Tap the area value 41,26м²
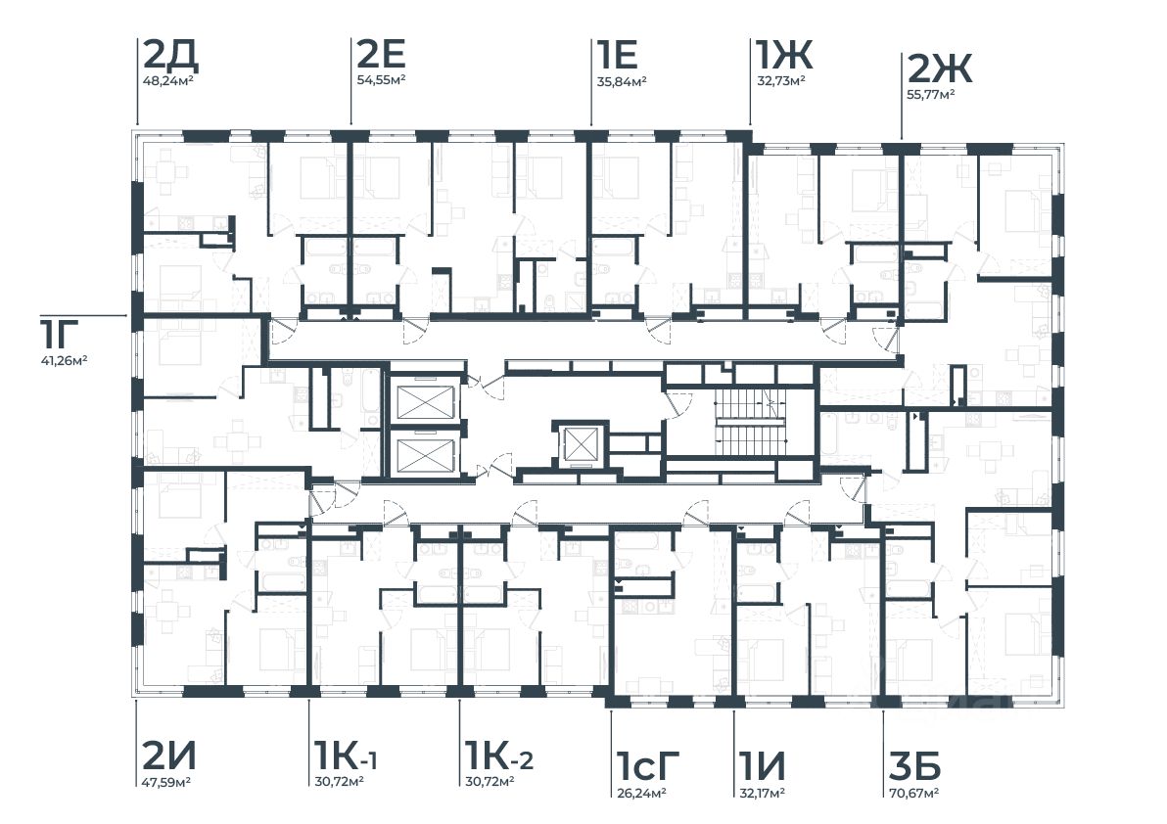(64, 360)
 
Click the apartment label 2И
(169, 755)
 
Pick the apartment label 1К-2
(498, 755)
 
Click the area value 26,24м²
(640, 792)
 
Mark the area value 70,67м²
(914, 792)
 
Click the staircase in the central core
(752, 421)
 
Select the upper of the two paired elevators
(424, 402)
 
